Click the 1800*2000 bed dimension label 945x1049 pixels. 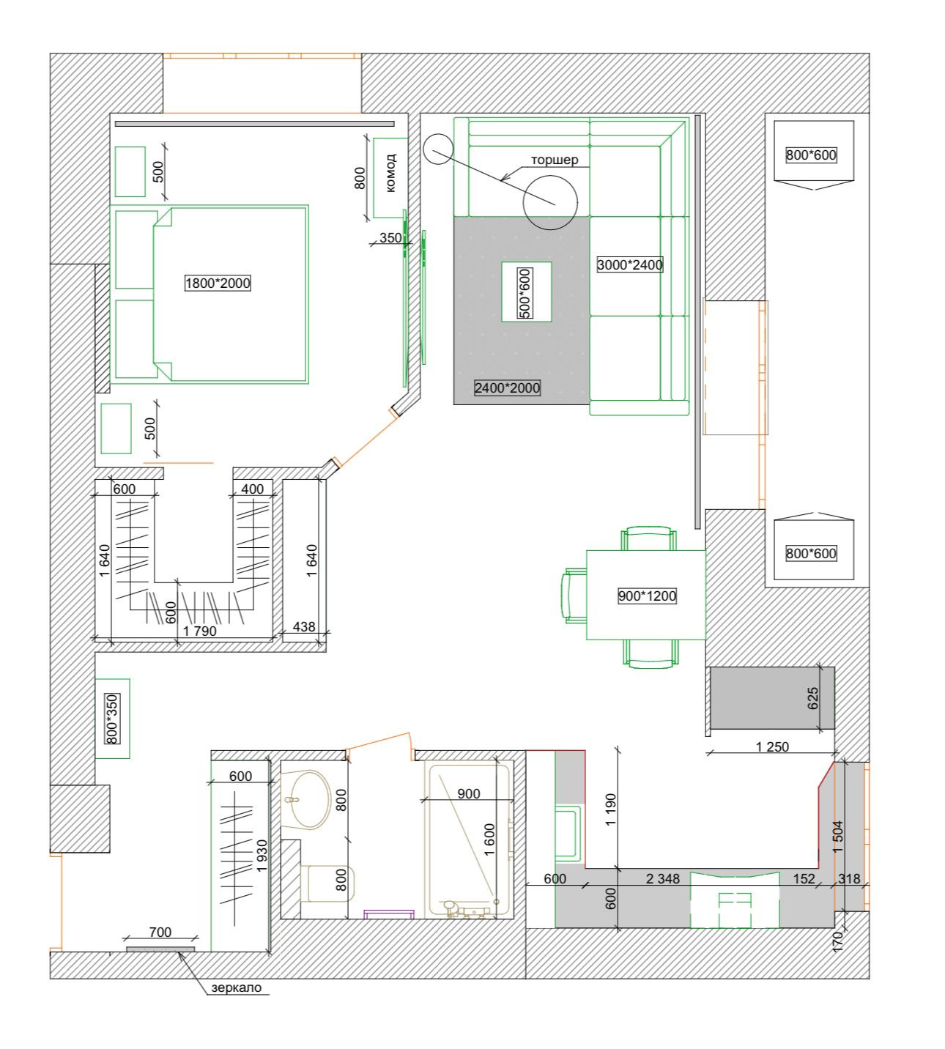(218, 283)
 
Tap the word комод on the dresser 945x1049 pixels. (390, 173)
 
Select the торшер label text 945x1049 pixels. (555, 160)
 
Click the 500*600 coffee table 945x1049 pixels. (526, 292)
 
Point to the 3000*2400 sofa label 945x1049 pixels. (630, 264)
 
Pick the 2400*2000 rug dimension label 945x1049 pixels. (507, 388)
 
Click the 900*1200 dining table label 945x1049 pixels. (647, 596)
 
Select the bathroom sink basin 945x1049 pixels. (310, 799)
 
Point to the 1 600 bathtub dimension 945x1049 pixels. (489, 839)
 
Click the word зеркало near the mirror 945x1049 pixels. (237, 987)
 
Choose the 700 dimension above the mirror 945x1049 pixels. (160, 933)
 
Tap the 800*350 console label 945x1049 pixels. (112, 719)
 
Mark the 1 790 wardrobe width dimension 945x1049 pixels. (199, 631)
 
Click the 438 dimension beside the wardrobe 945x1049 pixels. (304, 626)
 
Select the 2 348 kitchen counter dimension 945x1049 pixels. (662, 879)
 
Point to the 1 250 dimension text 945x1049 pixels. (772, 746)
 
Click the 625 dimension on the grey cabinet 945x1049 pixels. (812, 698)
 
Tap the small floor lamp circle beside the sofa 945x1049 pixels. (438, 149)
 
